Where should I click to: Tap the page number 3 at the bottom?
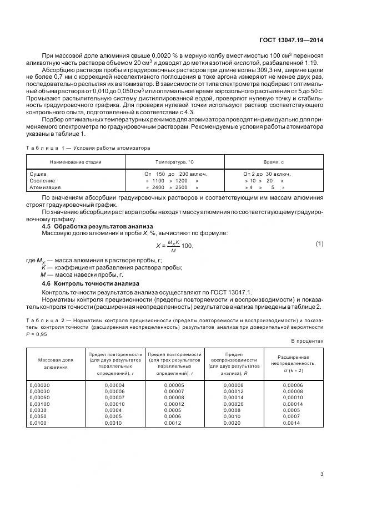pos(323,474)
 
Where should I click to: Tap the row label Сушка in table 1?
pos(37,174)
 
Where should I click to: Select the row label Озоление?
pos(42,180)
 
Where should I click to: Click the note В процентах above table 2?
pos(307,341)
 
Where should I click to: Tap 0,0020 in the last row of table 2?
pos(232,423)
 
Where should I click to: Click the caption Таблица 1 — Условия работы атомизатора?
pos(88,148)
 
